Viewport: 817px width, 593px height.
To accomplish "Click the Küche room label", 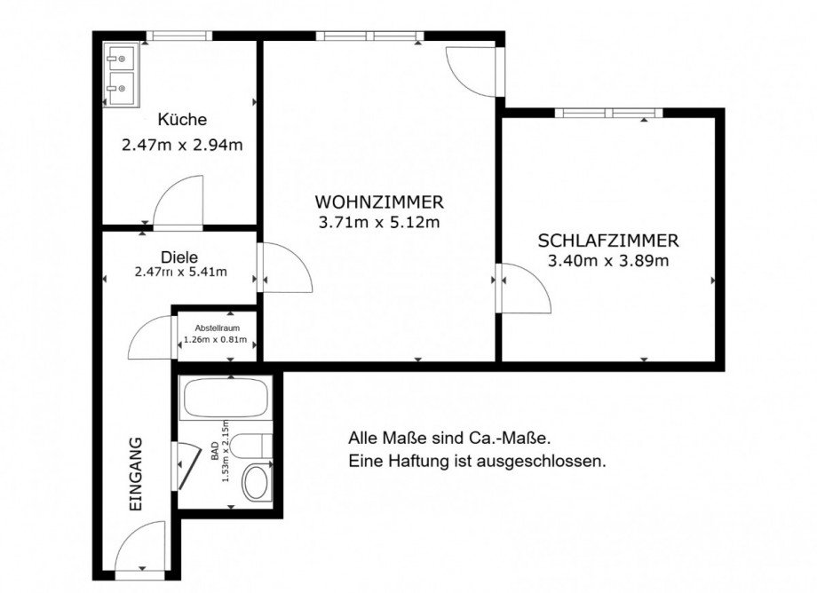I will click(x=182, y=120).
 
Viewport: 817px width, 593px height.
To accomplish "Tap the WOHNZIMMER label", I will click(x=378, y=202).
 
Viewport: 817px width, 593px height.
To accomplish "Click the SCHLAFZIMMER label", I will click(x=608, y=241).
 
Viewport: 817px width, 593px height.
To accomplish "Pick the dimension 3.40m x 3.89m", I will click(x=609, y=261).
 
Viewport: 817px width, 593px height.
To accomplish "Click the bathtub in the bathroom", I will click(x=225, y=399).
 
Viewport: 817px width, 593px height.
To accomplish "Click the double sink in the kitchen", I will click(x=119, y=74).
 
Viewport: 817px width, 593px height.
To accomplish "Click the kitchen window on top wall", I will click(x=179, y=36).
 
